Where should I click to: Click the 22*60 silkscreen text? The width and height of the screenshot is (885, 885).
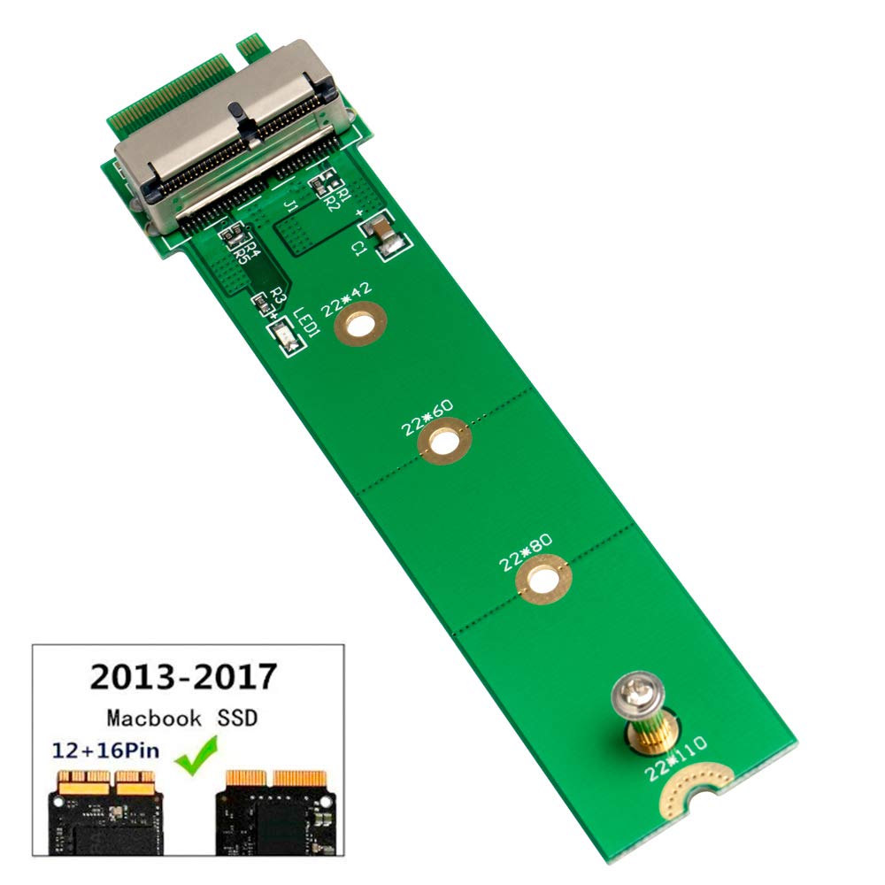[x=427, y=415]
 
